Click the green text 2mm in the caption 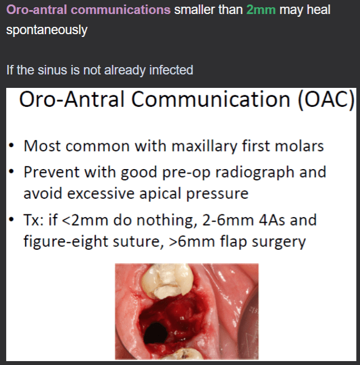pyautogui.click(x=261, y=11)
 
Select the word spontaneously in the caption pyautogui.click(x=46, y=30)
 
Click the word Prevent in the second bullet pyautogui.click(x=51, y=172)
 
